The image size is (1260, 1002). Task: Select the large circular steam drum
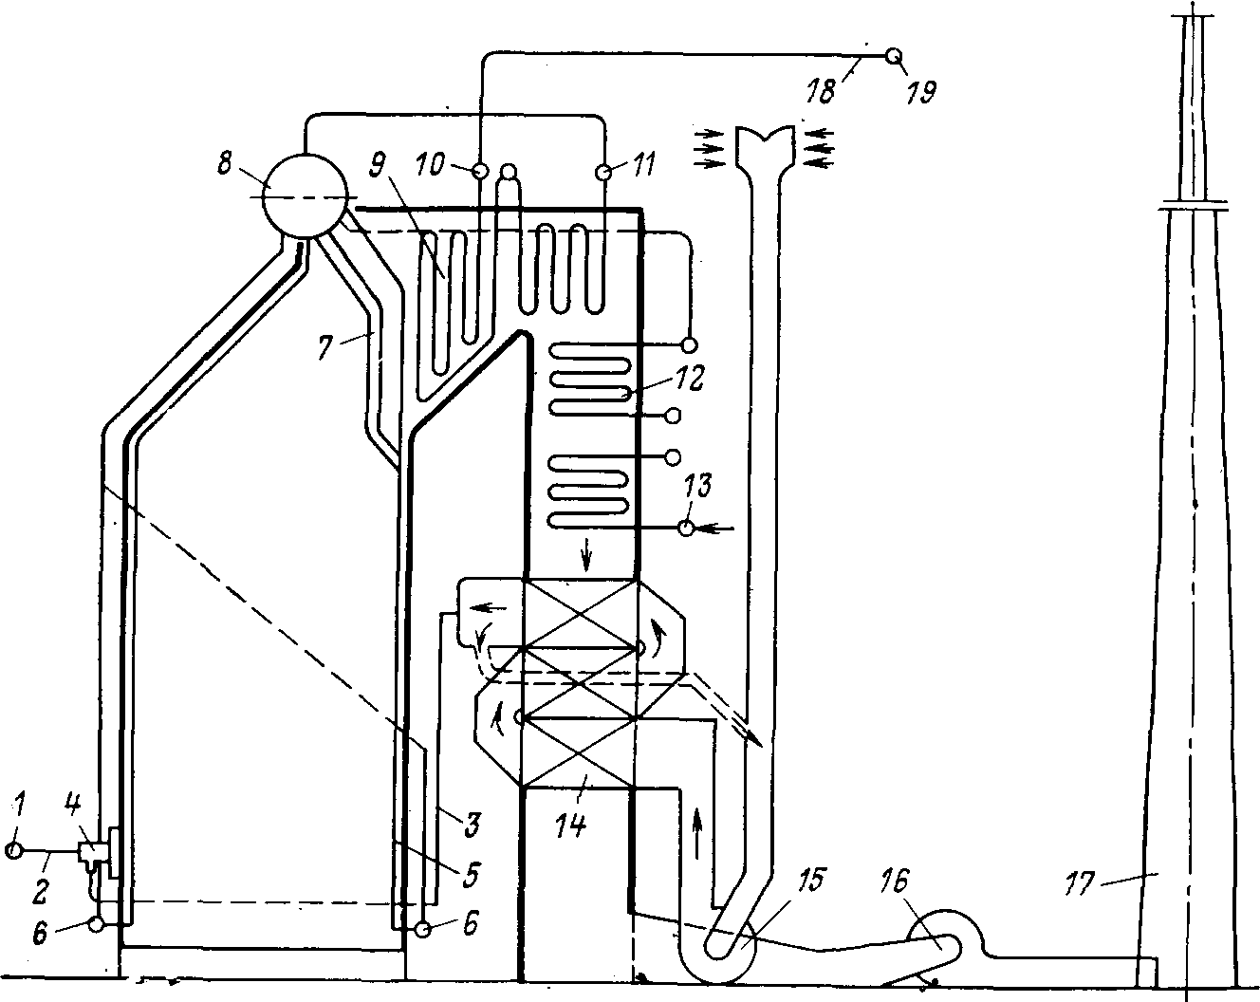[303, 196]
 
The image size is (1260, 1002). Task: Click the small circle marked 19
[894, 57]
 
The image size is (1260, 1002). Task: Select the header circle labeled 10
[480, 172]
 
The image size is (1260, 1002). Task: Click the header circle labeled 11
[602, 172]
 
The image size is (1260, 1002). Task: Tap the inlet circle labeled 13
[687, 529]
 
